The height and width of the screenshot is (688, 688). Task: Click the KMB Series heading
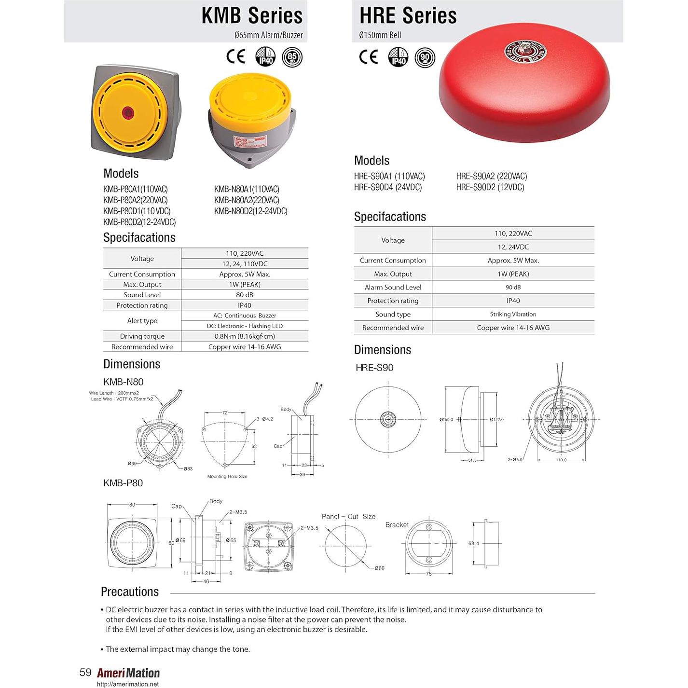[x=251, y=15]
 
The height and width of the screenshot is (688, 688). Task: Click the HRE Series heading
[x=408, y=15]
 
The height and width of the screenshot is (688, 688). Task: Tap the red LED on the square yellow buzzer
[x=128, y=113]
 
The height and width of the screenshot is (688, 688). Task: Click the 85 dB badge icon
[x=292, y=57]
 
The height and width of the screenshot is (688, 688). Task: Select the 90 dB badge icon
[x=425, y=57]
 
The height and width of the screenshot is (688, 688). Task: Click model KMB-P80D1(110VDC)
[x=137, y=211]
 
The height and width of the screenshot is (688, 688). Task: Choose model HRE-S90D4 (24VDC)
[x=388, y=187]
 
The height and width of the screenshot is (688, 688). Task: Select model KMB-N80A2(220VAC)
[x=247, y=200]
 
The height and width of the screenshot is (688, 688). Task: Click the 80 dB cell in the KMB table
[x=245, y=295]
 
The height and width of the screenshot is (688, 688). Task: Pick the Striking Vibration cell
[x=513, y=314]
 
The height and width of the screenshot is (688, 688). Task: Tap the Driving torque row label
[x=142, y=336]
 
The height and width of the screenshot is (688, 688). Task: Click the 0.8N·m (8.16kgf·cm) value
[x=245, y=336]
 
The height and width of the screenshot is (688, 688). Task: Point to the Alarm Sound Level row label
[x=393, y=287]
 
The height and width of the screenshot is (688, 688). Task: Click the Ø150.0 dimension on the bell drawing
[x=446, y=419]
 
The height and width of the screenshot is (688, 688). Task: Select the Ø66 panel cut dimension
[x=379, y=568]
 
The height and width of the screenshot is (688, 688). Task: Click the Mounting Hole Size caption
[x=227, y=476]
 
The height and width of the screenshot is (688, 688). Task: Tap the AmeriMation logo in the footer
[x=128, y=673]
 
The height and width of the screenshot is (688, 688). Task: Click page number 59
[x=85, y=673]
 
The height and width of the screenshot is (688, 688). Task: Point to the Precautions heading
[x=130, y=592]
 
